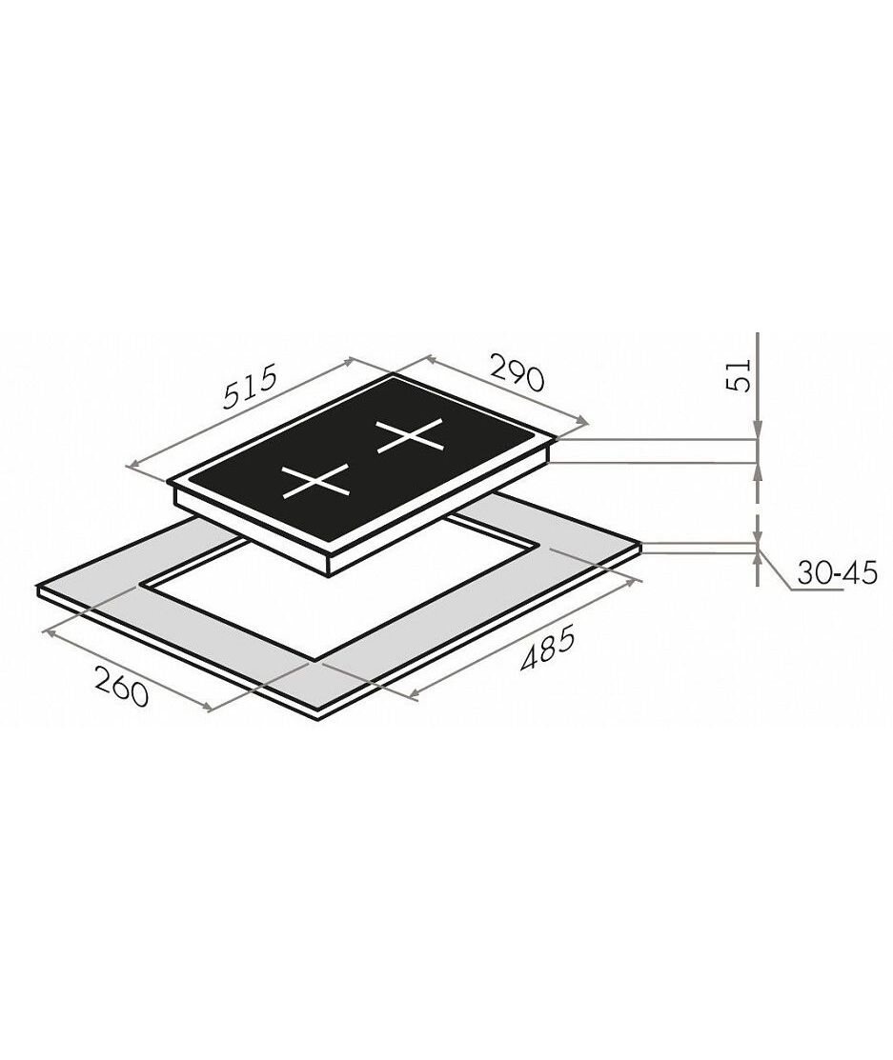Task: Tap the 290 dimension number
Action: click(x=517, y=371)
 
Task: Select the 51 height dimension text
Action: click(x=738, y=374)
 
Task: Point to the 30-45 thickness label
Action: click(x=836, y=573)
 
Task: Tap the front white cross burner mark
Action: click(x=316, y=481)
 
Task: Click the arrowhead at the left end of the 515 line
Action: click(x=133, y=464)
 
